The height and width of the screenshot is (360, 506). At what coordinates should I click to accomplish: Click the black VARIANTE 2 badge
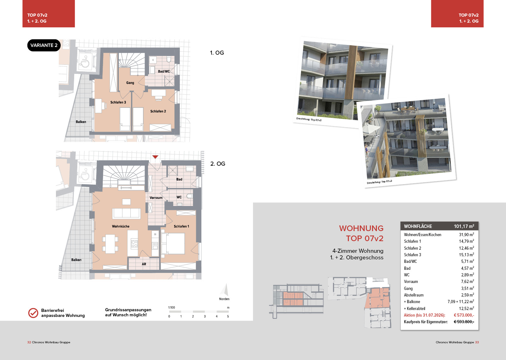click(x=44, y=45)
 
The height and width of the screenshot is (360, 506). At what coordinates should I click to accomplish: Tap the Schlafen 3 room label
click(x=118, y=102)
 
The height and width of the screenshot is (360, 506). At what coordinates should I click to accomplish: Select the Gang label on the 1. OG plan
click(x=130, y=83)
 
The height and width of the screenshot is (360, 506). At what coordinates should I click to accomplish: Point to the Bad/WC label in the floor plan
click(x=164, y=71)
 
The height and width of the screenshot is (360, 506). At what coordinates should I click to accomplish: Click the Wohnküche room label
click(x=121, y=226)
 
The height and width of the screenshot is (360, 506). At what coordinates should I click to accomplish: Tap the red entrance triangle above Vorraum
click(x=155, y=157)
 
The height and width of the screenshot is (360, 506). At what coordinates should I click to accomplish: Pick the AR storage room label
click(x=144, y=264)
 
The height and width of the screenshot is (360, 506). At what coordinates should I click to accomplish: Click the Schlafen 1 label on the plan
click(x=181, y=226)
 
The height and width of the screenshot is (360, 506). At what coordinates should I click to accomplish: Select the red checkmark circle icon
click(x=33, y=313)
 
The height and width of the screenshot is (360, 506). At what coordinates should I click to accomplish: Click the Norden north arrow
click(x=225, y=290)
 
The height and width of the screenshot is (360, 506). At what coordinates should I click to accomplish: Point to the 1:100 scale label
click(x=172, y=307)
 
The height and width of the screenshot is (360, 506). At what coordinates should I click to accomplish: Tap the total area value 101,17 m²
click(x=464, y=226)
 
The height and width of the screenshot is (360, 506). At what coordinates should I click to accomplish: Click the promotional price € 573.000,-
click(x=464, y=315)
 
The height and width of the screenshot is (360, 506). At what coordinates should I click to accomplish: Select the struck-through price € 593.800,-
click(x=464, y=322)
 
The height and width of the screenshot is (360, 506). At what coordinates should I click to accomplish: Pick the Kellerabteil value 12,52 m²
click(x=466, y=308)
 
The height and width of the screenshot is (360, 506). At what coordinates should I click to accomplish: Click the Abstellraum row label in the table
click(x=414, y=295)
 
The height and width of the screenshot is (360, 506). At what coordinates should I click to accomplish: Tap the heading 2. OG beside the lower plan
click(x=218, y=163)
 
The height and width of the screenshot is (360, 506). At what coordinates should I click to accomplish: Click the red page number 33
click(x=477, y=342)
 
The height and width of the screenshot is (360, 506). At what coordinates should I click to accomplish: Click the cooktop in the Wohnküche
click(x=135, y=244)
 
